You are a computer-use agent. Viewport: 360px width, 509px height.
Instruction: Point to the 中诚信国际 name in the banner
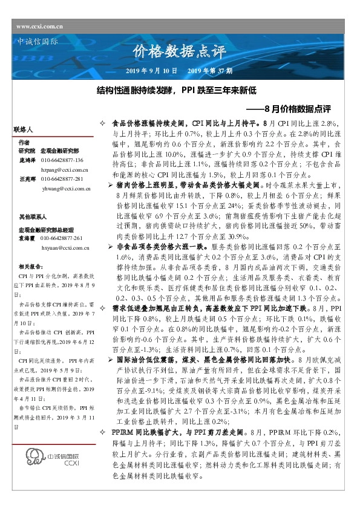35,42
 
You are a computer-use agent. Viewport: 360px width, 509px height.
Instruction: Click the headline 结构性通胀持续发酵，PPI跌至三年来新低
177,91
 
